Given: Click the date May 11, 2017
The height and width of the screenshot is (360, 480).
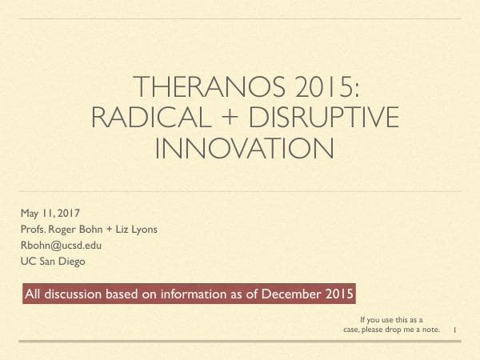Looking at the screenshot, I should (45, 213).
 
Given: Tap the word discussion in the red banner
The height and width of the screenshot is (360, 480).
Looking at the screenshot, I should (74, 294).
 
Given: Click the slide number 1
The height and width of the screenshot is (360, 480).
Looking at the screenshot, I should (454, 330).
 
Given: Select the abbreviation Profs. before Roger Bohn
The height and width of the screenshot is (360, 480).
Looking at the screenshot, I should (34, 230).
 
